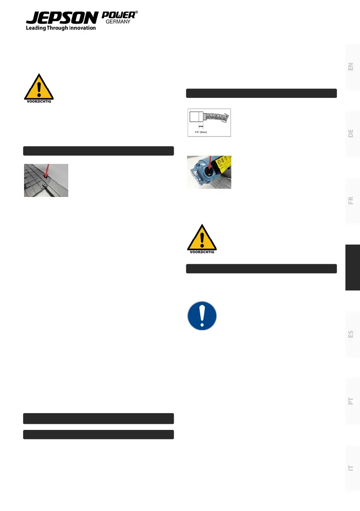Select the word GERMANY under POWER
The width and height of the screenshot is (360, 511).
point(118,22)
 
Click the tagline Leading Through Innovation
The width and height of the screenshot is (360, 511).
point(61,28)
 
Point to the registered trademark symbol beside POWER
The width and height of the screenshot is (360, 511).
point(136,13)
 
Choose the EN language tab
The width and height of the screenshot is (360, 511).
point(351,67)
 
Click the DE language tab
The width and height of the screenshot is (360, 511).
point(351,133)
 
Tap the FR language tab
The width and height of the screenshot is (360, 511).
point(351,200)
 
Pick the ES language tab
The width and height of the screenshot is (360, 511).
point(351,334)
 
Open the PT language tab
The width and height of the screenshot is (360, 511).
point(351,401)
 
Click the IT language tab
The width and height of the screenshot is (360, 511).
point(351,467)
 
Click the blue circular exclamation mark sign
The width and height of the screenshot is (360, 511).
point(202,315)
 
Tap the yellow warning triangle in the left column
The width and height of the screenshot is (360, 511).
point(39,88)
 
